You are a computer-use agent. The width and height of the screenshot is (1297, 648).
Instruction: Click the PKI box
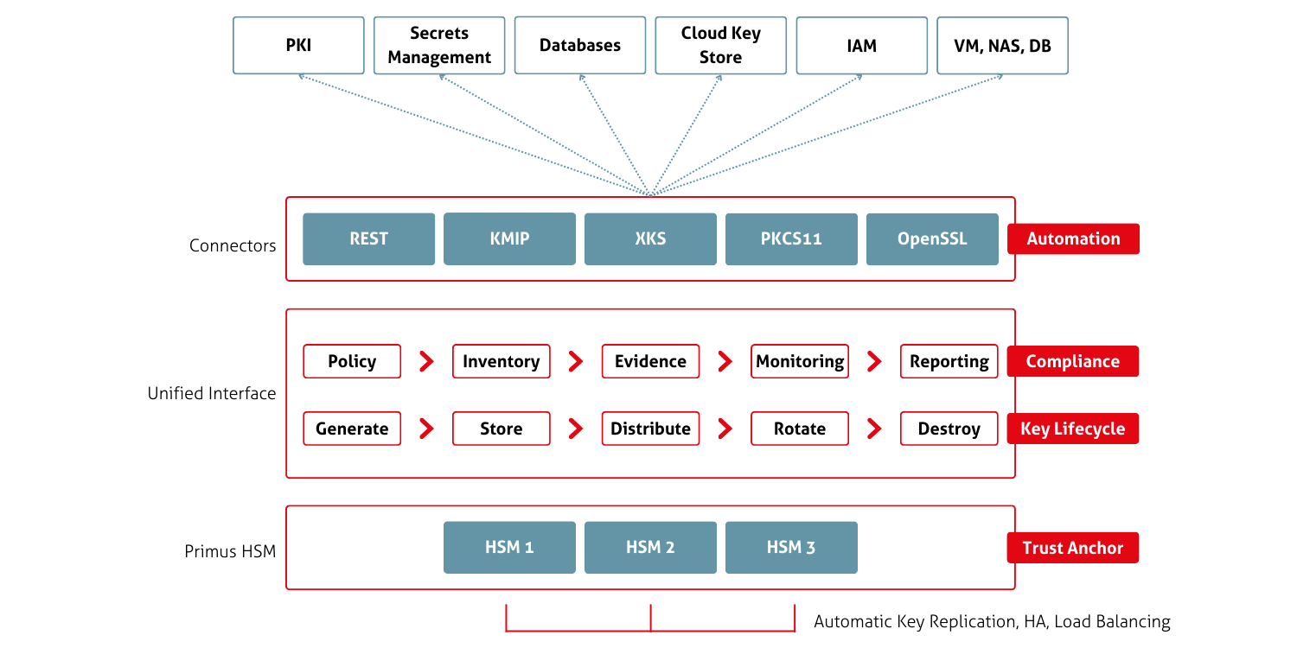pyautogui.click(x=298, y=45)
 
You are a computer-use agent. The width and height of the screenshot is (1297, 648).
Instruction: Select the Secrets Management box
pyautogui.click(x=439, y=45)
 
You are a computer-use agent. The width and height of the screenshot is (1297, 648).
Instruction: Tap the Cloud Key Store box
pyautogui.click(x=720, y=45)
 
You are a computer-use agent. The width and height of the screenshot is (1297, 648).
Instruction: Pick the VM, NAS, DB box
pyautogui.click(x=1002, y=45)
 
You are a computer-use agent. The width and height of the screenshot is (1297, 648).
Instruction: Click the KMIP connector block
pyautogui.click(x=509, y=238)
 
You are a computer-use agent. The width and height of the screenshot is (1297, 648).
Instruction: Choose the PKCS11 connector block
pyautogui.click(x=791, y=238)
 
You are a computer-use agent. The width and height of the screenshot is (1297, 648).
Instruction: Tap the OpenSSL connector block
pyautogui.click(x=932, y=238)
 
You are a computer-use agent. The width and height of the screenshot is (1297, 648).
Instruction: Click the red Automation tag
pyautogui.click(x=1073, y=239)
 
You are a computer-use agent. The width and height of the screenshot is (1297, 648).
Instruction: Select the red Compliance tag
pyautogui.click(x=1072, y=361)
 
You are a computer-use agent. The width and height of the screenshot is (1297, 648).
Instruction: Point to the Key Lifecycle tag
pyautogui.click(x=1072, y=429)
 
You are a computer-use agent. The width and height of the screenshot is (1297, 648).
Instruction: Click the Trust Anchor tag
pyautogui.click(x=1072, y=548)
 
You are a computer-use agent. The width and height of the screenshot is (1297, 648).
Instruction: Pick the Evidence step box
pyautogui.click(x=650, y=361)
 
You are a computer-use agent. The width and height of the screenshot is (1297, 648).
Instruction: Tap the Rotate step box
pyautogui.click(x=799, y=429)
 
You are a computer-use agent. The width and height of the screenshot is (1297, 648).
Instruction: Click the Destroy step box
pyautogui.click(x=949, y=429)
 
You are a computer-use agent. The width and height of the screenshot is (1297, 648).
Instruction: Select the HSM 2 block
pyautogui.click(x=650, y=547)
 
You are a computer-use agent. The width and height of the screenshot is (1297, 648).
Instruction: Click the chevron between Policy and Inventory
pyautogui.click(x=426, y=361)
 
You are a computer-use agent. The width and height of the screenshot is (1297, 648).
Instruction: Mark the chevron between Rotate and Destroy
pyautogui.click(x=874, y=429)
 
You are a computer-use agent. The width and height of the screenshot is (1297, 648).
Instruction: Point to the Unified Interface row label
pyautogui.click(x=211, y=393)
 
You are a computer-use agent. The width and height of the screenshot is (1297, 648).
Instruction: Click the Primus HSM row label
pyautogui.click(x=229, y=551)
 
